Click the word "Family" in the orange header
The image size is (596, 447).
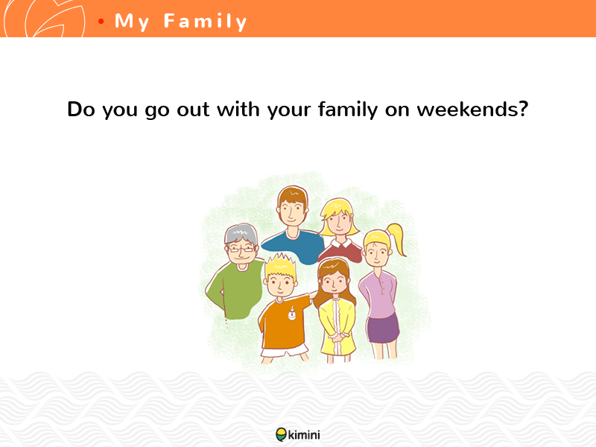click(x=206, y=22)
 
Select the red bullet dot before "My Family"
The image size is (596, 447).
click(x=101, y=22)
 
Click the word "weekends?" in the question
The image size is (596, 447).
click(x=472, y=109)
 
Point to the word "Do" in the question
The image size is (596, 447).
click(x=81, y=109)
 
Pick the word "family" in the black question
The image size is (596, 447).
click(x=348, y=110)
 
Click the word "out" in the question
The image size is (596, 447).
click(x=193, y=110)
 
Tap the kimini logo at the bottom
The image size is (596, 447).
click(x=298, y=434)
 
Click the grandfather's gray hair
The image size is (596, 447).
click(x=241, y=232)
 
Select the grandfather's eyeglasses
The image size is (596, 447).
click(x=241, y=250)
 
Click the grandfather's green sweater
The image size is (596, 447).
click(x=236, y=290)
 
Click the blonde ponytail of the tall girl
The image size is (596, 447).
click(x=396, y=238)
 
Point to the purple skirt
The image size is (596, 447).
click(x=383, y=329)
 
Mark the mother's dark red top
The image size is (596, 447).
click(x=340, y=250)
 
